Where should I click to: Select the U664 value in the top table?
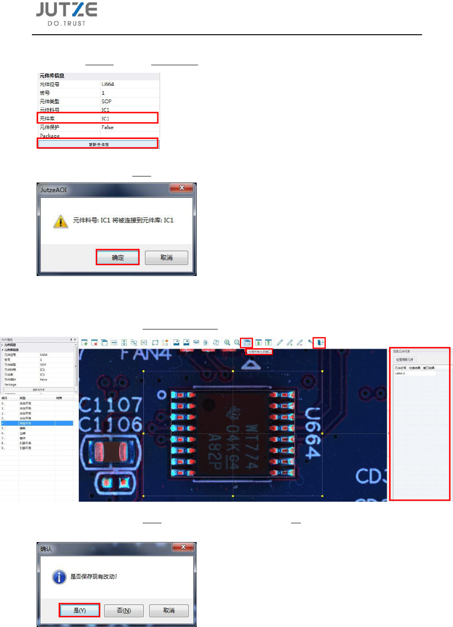[108, 84]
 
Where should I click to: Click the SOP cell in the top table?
[107, 101]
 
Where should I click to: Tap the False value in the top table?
[107, 127]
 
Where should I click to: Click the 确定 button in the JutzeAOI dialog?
[118, 258]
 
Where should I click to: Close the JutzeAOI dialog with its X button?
[182, 188]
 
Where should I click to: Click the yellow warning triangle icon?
[61, 221]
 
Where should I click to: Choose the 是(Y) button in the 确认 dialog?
[79, 610]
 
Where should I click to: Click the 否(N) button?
[123, 610]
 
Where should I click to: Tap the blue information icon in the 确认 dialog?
[59, 577]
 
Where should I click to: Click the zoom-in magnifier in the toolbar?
[227, 343]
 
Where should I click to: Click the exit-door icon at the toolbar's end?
[320, 343]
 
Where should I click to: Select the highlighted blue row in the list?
[37, 423]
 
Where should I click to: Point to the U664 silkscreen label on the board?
[313, 433]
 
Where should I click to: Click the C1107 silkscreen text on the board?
[110, 405]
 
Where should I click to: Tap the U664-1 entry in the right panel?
[400, 374]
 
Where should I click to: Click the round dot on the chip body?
[208, 404]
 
